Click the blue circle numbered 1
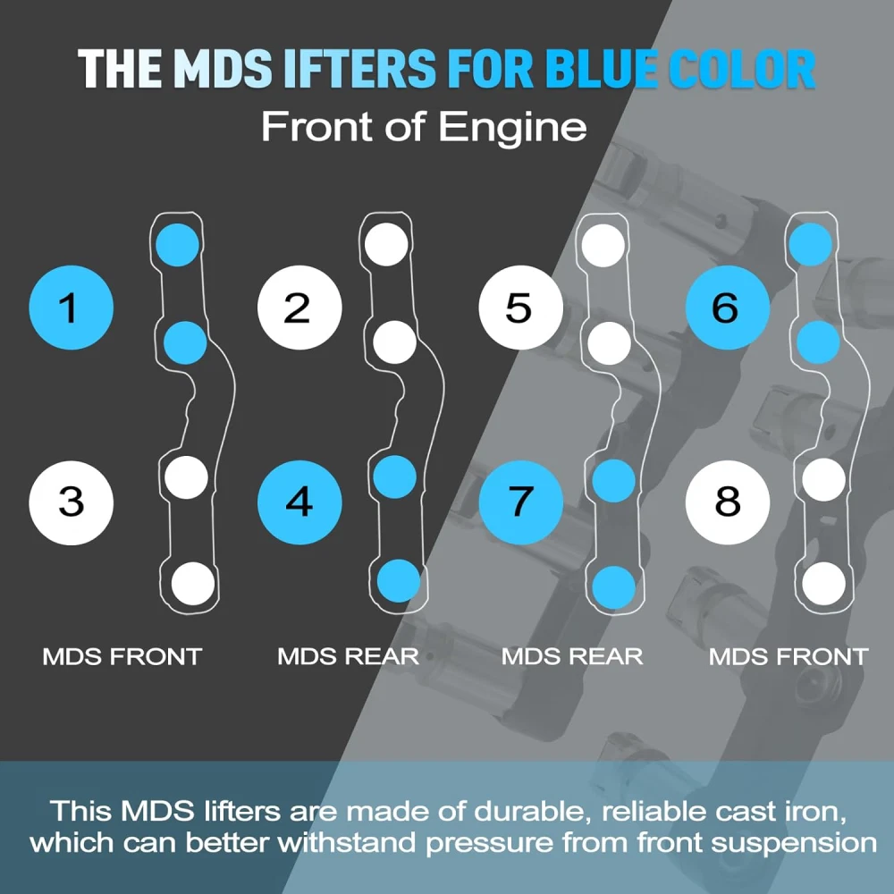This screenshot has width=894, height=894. (71, 308)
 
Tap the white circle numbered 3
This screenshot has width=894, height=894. (71, 502)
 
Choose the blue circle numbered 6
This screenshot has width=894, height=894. (727, 308)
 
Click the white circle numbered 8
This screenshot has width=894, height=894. (727, 502)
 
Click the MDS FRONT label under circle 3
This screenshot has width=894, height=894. (122, 657)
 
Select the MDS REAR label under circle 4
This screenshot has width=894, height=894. (348, 657)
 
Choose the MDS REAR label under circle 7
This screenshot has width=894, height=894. (571, 657)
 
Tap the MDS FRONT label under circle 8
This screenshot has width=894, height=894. (788, 657)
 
